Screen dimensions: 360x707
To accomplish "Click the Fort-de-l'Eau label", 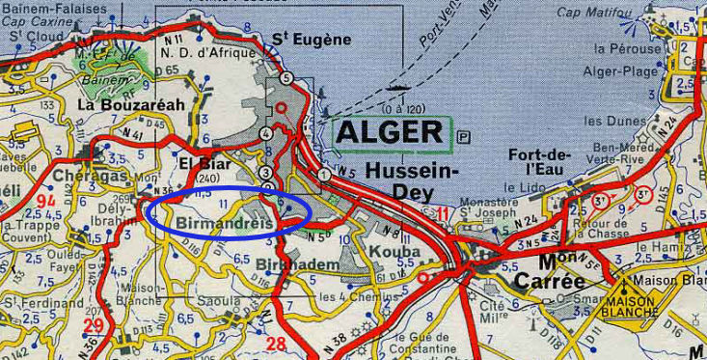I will tap(540, 167).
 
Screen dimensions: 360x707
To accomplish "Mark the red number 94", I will tap(44, 201).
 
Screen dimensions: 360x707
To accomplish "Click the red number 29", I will tap(94, 324).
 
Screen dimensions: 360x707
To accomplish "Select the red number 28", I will tap(276, 343).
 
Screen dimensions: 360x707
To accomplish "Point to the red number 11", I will tap(442, 214).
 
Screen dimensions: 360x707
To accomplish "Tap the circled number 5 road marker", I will tap(286, 77).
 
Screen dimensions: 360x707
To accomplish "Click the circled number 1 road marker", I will tap(325, 175).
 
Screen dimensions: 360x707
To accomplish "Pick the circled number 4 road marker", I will tap(265, 134).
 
